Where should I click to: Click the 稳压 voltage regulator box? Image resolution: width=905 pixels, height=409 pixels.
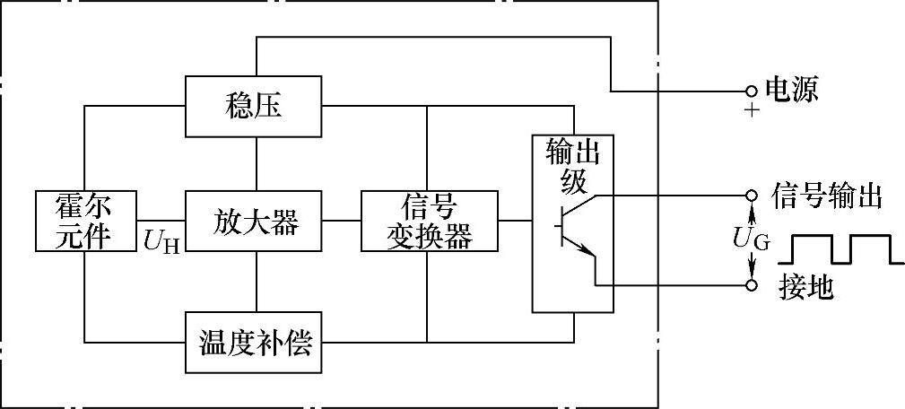[255, 106]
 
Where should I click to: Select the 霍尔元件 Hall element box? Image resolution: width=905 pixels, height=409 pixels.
[86, 221]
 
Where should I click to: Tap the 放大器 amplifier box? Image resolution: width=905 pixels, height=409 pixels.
[255, 221]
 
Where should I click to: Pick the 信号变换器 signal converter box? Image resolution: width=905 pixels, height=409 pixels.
[429, 221]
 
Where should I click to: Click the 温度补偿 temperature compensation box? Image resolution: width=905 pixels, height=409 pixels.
[255, 342]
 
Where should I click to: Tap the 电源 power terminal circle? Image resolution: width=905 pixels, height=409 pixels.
[752, 91]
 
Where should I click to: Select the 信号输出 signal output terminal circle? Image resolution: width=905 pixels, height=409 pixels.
[752, 195]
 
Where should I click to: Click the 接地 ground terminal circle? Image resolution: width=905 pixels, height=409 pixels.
[752, 284]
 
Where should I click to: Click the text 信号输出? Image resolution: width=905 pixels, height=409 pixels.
[827, 195]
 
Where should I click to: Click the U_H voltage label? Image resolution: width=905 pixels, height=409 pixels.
[161, 239]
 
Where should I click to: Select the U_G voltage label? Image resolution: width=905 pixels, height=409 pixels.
[752, 239]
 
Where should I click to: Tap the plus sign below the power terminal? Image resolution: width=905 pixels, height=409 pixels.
[752, 111]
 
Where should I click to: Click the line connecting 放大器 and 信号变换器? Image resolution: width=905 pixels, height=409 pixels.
[342, 221]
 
